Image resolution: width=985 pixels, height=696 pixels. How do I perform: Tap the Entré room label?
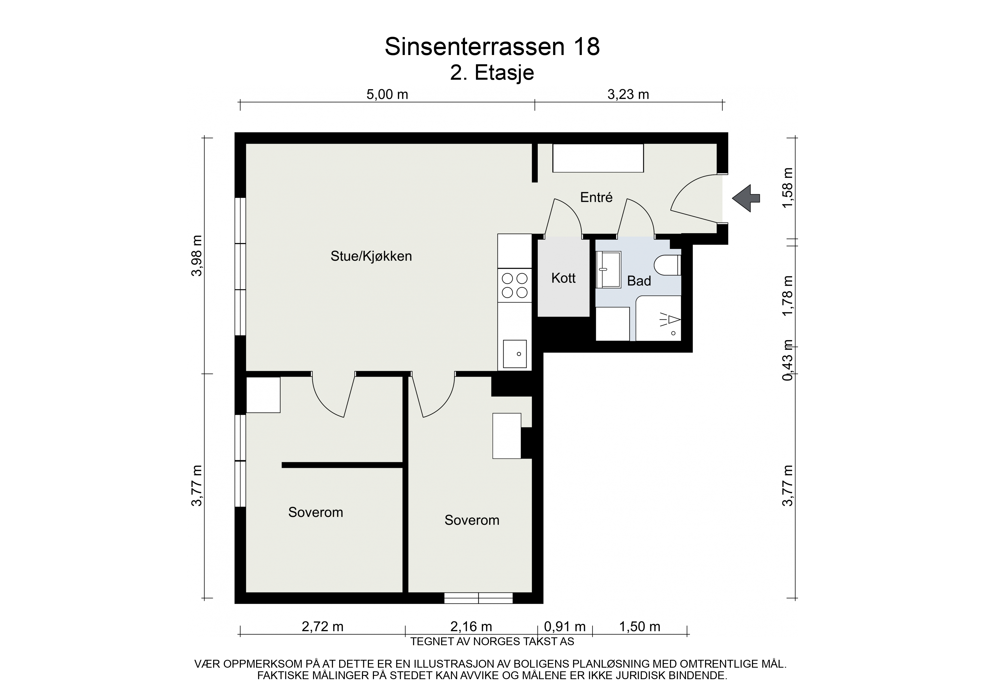(596, 197)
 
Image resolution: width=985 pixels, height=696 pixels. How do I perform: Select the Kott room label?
(563, 278)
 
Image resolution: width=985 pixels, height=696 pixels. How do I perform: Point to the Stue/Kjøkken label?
(371, 256)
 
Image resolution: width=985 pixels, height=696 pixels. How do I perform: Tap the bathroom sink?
(608, 270)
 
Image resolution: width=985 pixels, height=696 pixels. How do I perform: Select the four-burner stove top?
(515, 285)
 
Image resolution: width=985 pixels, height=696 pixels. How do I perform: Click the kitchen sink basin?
(515, 354)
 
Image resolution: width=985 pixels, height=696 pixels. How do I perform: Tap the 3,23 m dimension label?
(628, 94)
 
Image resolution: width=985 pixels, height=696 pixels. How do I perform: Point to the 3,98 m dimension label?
(197, 256)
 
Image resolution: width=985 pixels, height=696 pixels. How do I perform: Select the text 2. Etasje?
(492, 73)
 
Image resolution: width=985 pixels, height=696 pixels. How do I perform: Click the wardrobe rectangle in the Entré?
(598, 158)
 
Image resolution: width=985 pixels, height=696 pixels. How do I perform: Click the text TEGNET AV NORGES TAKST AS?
(492, 642)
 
